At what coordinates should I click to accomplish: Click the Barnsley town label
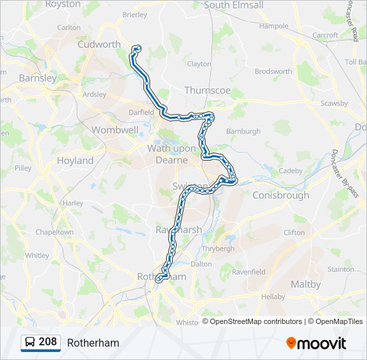38,78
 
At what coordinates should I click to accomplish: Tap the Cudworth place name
99,45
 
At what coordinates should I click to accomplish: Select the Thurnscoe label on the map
208,90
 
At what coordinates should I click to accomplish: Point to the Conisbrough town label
280,195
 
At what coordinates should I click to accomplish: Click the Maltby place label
306,284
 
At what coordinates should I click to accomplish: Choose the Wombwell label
115,130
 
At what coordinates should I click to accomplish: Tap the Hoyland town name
75,161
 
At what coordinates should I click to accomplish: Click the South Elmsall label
234,5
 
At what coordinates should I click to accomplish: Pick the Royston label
62,4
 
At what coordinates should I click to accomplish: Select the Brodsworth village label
274,71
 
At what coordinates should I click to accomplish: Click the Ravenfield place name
248,272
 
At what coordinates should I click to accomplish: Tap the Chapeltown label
55,232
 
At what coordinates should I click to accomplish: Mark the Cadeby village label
290,171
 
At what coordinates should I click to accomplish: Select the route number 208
47,342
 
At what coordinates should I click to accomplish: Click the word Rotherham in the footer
93,343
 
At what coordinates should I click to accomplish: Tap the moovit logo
316,343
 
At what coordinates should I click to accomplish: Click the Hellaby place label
273,296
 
